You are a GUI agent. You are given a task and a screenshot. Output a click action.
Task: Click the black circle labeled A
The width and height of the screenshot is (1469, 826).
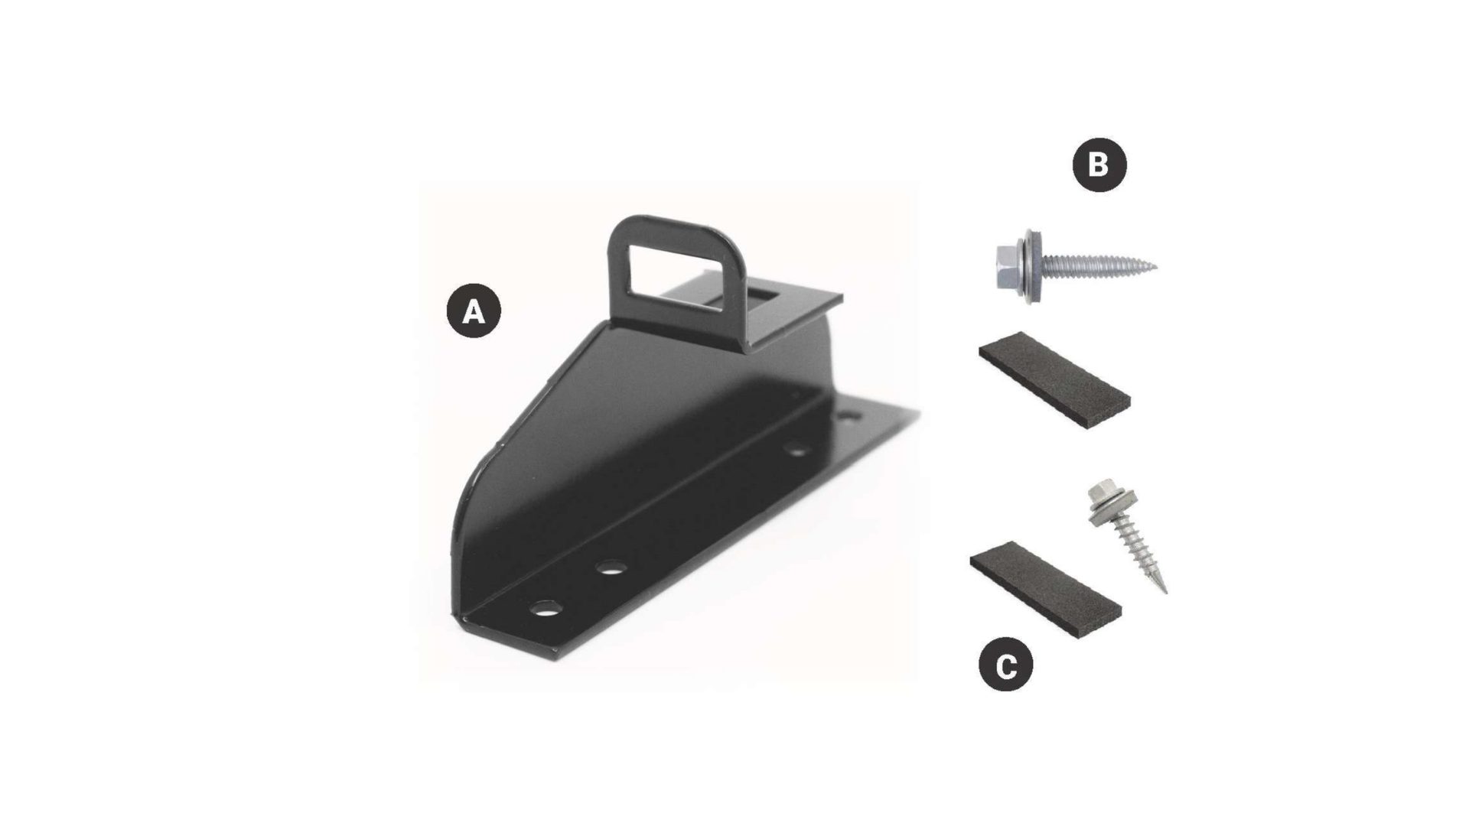474,311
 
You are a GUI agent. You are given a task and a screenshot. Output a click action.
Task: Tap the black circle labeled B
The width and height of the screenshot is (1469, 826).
1099,164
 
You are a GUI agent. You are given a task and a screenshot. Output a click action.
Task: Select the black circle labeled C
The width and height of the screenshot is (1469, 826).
1006,665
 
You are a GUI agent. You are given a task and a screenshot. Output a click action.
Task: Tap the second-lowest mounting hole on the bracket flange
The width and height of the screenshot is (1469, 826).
611,567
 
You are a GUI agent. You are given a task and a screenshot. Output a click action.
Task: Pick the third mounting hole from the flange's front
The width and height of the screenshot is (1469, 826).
798,450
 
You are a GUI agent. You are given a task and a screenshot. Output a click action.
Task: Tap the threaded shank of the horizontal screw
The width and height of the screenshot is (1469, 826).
1094,266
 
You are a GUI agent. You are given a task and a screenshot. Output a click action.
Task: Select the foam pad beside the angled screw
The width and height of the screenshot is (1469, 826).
1046,590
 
